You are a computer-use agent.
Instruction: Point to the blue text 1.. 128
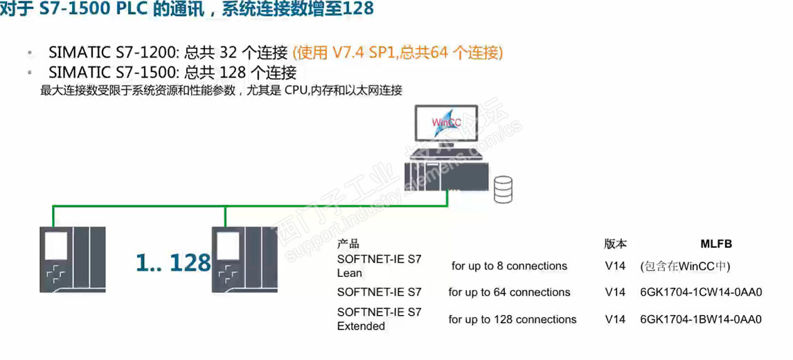[x=173, y=262]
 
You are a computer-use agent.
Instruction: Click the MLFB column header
[x=715, y=244]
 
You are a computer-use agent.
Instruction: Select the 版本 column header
[x=615, y=244]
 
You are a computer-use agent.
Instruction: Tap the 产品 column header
[x=348, y=244]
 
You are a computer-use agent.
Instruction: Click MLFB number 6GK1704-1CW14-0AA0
[x=701, y=292]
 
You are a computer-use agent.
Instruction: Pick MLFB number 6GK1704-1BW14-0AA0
[x=701, y=319]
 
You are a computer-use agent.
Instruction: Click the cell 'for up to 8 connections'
[x=509, y=266]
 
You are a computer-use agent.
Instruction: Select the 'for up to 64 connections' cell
[x=509, y=292]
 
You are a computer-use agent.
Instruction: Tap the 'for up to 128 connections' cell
[x=512, y=319]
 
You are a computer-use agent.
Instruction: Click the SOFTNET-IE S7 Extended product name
[x=379, y=319]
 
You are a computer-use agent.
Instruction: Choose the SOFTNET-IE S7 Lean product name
[x=379, y=266]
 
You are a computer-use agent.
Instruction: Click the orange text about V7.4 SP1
[x=398, y=53]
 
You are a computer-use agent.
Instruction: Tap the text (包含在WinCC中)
[x=686, y=266]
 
